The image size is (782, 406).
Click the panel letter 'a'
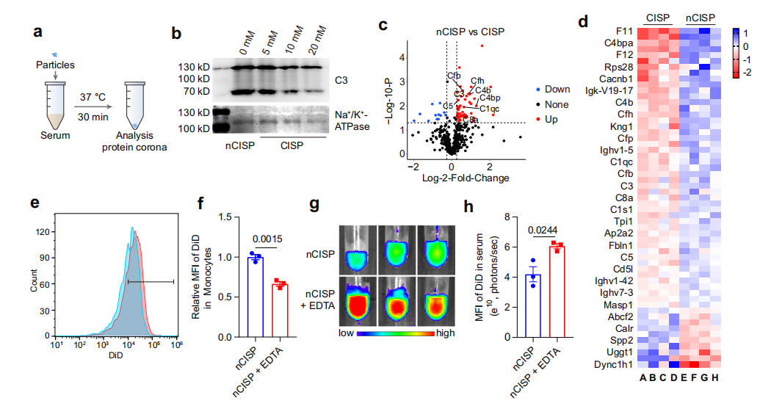[x=37, y=32]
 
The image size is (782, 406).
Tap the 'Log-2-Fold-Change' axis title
[x=466, y=178]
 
